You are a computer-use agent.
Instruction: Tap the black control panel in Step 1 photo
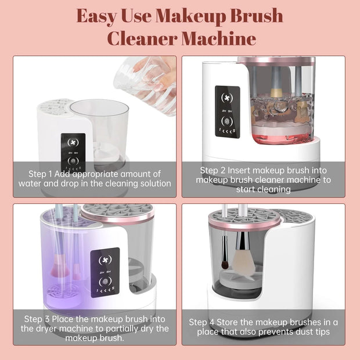[x=73, y=149]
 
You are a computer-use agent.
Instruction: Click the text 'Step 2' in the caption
[x=213, y=170]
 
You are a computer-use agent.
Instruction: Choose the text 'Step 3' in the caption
[x=38, y=319]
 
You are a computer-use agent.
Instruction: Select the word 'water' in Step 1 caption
[x=31, y=183]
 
